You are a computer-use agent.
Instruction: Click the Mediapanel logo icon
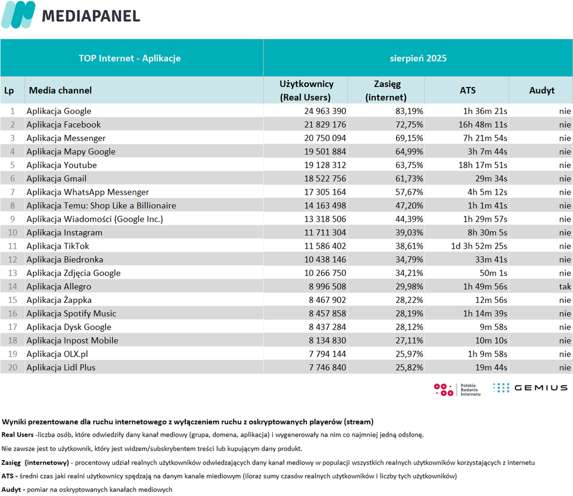(18, 15)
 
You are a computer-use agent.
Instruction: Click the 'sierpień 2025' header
(418, 58)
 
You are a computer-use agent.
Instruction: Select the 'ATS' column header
(467, 90)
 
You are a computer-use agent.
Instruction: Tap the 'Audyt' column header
(542, 90)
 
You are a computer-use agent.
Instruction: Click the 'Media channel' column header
(60, 90)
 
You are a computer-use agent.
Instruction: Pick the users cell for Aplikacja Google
(325, 111)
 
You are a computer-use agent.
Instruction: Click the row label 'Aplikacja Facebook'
(64, 124)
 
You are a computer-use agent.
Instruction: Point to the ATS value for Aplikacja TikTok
(479, 246)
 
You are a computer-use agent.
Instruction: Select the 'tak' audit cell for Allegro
(565, 287)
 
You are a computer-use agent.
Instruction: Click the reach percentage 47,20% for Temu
(409, 206)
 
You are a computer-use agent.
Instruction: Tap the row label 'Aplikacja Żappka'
(59, 300)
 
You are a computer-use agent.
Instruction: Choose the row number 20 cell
(13, 367)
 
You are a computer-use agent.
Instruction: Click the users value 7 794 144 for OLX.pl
(327, 354)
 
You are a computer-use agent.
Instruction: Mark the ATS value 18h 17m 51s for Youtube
(483, 165)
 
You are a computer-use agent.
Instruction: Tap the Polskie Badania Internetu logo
(457, 390)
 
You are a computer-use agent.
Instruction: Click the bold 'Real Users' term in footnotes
(18, 435)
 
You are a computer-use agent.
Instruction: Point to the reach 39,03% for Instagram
(409, 233)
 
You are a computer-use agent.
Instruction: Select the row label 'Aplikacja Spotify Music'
(71, 314)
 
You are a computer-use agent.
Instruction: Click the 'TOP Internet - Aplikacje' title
(130, 58)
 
